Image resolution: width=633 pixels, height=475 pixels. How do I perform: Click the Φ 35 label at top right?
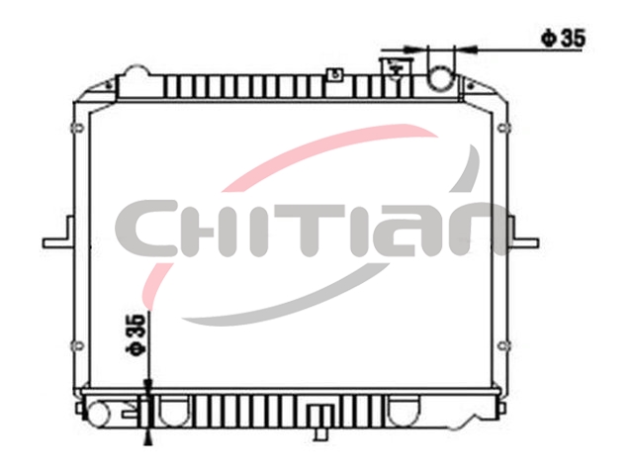[563, 39]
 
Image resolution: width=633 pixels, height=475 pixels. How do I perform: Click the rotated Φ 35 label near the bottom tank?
[135, 334]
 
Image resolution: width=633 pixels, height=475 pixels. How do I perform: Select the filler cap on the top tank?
[397, 69]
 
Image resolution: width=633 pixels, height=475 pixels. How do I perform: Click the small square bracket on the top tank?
[335, 74]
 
